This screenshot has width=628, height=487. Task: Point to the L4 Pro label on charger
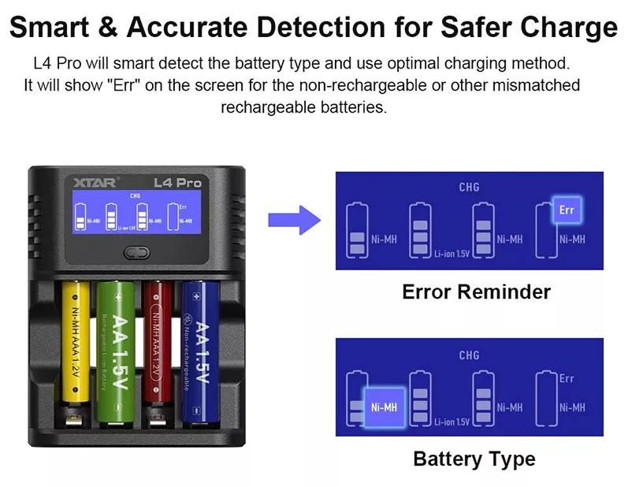(x=178, y=183)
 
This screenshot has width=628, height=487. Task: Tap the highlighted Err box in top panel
(x=567, y=210)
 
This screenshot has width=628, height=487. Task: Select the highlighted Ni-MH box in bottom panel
(x=385, y=407)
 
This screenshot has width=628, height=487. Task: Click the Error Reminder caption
(x=476, y=292)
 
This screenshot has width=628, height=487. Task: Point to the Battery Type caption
(x=474, y=459)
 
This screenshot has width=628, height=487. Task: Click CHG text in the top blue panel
(x=469, y=188)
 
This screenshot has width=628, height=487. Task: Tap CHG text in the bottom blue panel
(x=469, y=355)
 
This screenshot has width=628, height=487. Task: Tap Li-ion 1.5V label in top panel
(x=452, y=253)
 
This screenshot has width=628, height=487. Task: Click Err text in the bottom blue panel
(x=567, y=378)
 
